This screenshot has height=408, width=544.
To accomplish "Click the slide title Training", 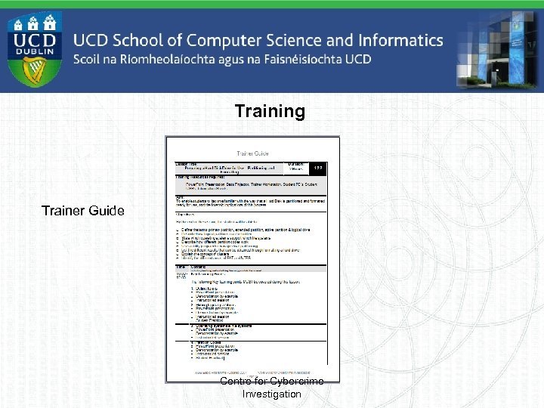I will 270,112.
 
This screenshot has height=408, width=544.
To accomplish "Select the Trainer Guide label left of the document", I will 83,211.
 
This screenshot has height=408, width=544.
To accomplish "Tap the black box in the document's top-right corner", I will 319,167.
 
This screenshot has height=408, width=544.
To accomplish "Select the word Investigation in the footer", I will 271,394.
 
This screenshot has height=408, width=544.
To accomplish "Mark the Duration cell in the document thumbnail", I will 296,166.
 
